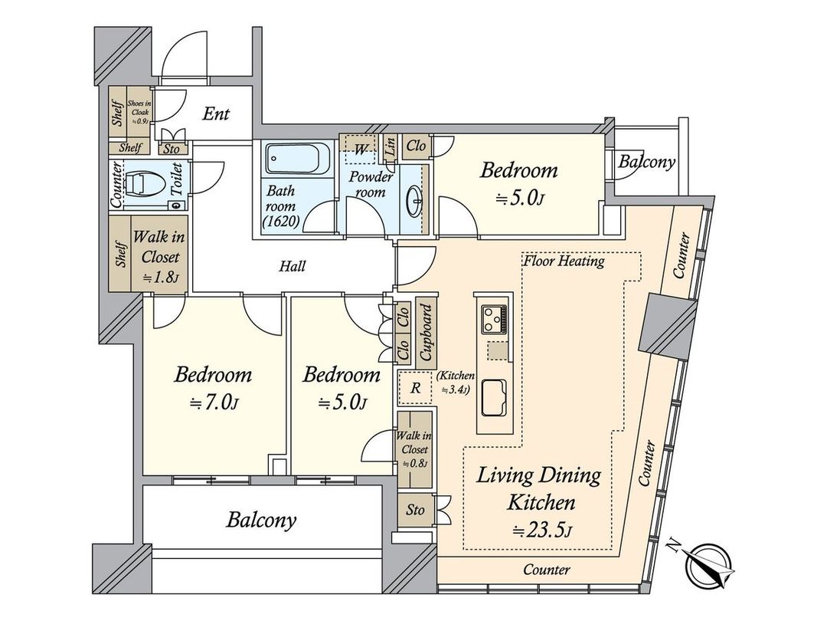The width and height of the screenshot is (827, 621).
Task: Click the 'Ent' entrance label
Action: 216,114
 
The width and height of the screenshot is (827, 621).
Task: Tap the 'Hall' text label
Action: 293,267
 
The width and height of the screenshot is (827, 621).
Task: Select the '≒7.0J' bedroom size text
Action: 213,404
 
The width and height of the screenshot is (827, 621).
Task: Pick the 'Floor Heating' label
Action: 564,261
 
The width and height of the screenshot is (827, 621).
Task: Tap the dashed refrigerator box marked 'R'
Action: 415,388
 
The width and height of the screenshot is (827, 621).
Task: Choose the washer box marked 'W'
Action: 360,149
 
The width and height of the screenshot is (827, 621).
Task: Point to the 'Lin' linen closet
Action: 390,148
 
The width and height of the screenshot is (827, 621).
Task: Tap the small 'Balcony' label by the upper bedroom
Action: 647,162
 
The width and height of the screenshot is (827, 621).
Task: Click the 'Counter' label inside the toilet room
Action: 117,186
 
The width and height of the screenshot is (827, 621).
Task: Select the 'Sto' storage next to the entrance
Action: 172,149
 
